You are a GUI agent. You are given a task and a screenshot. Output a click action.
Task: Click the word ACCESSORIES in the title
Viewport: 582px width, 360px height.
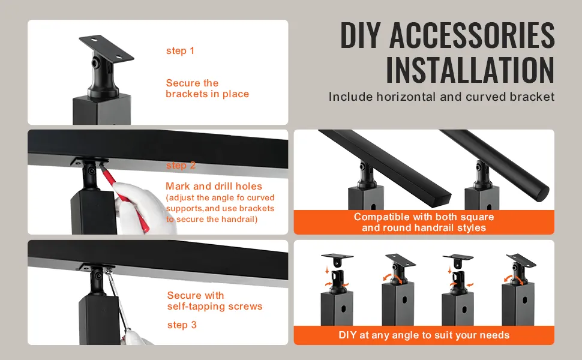472,35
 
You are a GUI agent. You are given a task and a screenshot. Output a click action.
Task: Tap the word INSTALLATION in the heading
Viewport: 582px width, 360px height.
470,70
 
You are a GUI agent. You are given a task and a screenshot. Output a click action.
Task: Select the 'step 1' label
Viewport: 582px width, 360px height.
180,51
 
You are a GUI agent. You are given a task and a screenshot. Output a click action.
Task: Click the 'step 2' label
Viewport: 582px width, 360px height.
181,165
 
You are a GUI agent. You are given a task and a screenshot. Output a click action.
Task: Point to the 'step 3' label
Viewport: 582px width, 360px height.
182,325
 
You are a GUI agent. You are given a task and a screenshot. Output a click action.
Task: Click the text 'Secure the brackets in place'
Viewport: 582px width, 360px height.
207,88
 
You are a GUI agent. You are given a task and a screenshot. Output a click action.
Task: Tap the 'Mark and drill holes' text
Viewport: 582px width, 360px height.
214,186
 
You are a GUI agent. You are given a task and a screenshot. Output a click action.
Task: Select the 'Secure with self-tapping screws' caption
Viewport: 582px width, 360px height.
215,301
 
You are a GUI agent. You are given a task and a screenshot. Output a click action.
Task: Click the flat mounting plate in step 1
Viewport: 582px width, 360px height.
106,48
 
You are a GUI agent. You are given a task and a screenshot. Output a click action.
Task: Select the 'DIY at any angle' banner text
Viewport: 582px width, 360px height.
424,335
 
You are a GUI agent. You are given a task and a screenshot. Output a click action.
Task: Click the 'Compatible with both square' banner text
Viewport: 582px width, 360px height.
424,217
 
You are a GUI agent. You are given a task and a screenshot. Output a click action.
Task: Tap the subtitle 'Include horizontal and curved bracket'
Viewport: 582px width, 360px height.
442,97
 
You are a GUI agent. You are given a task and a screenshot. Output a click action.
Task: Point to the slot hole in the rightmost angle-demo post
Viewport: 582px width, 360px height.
525,299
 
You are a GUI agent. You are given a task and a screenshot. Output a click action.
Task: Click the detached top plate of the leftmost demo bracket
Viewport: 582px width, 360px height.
337,257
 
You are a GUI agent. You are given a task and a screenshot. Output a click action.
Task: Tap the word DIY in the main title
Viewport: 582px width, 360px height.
361,35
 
